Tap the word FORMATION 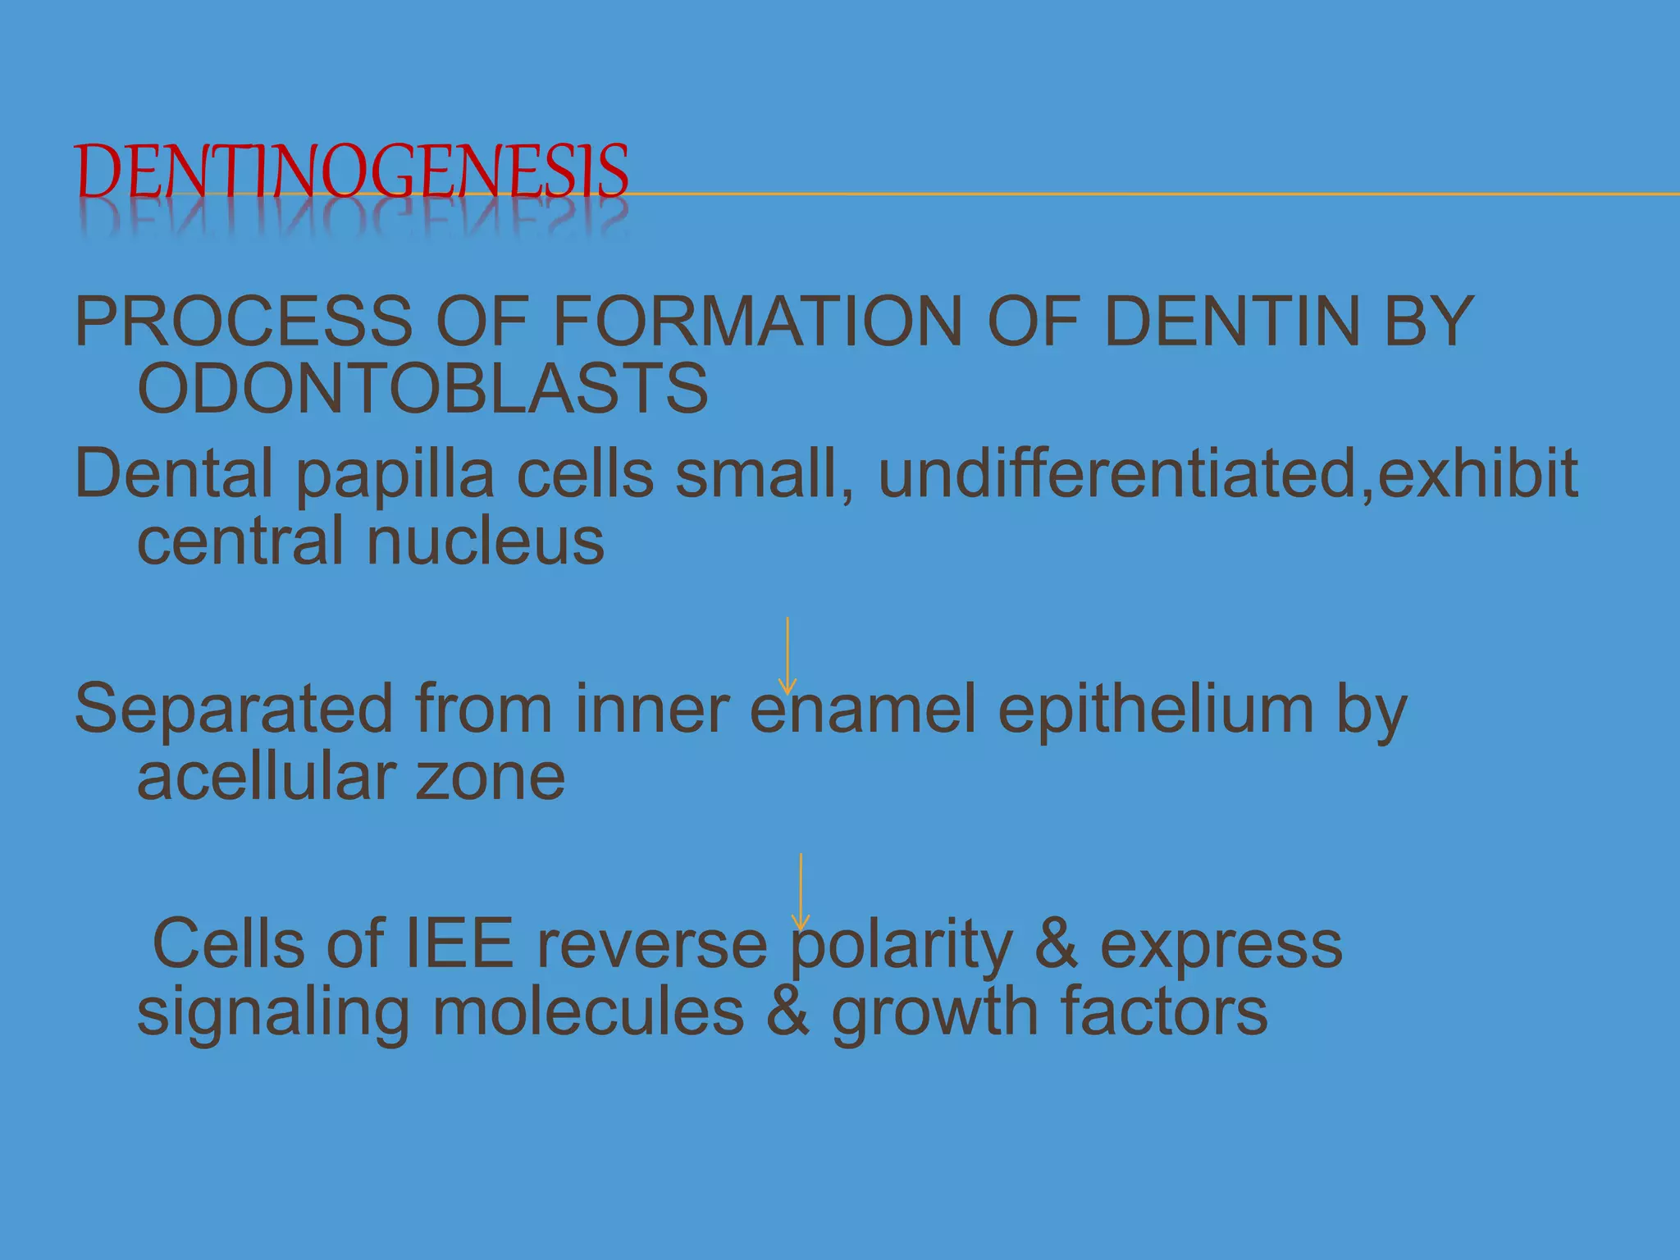tap(757, 322)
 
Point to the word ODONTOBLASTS tap(422, 389)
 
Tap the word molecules tap(588, 1012)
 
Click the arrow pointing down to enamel tap(787, 656)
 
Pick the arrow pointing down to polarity tap(801, 892)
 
